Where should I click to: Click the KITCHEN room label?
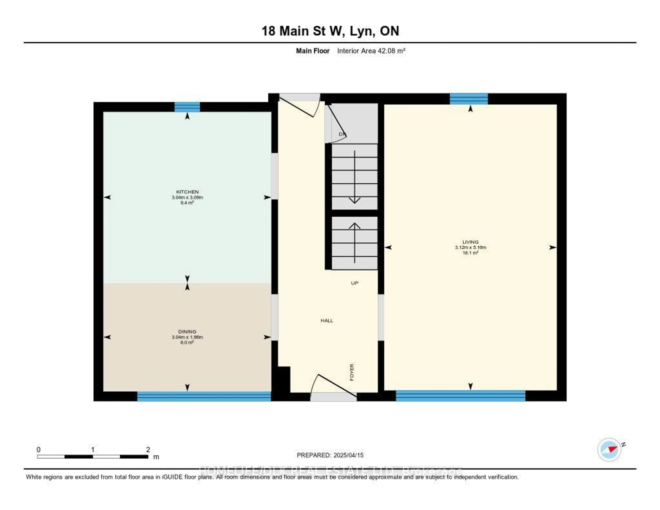click(187, 192)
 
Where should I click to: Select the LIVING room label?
click(470, 242)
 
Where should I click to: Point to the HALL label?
click(327, 321)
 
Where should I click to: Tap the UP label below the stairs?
click(354, 283)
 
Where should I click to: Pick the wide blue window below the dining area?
click(204, 396)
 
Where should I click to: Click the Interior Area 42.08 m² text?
click(371, 51)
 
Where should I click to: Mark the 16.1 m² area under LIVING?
click(470, 253)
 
